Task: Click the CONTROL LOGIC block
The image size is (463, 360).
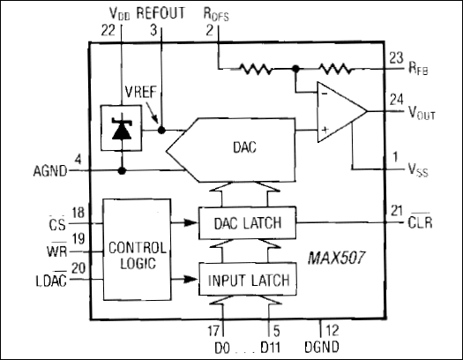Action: (x=136, y=250)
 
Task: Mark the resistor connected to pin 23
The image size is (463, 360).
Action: (x=336, y=68)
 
